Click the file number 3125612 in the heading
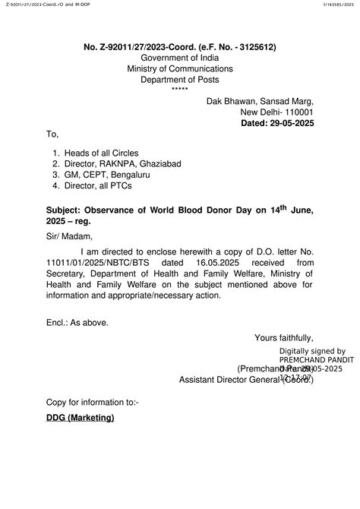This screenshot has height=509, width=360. coord(255,47)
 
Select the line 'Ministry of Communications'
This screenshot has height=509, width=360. coord(180,68)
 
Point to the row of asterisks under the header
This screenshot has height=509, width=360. coord(180,90)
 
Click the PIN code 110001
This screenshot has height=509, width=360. coord(292,112)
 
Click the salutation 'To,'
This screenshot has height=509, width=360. coord(52,134)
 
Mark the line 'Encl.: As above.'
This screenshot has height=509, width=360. coord(77,322)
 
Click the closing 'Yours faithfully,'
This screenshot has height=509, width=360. coord(284,337)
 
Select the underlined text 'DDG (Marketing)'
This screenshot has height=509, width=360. coord(80,418)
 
